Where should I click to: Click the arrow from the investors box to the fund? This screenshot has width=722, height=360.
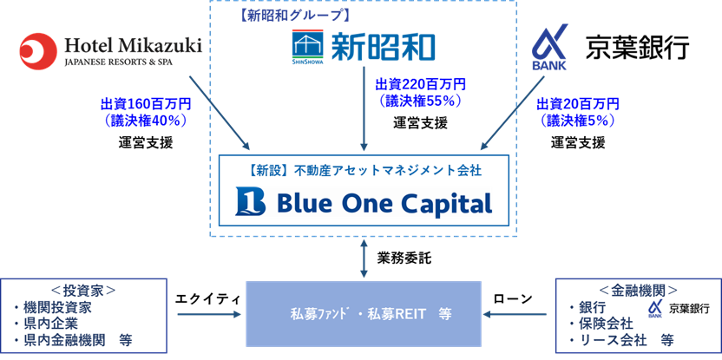pyautogui.click(x=209, y=314)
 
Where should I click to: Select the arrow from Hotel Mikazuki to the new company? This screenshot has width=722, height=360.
pyautogui.click(x=217, y=110)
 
